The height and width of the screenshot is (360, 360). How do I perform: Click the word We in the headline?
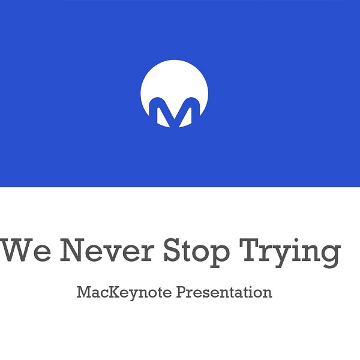(26, 250)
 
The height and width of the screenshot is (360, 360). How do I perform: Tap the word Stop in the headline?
(197, 253)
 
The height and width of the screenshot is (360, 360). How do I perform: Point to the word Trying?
(290, 253)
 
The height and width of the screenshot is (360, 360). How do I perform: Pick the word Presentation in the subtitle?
(224, 292)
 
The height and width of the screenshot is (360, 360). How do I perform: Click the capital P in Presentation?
(182, 292)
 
